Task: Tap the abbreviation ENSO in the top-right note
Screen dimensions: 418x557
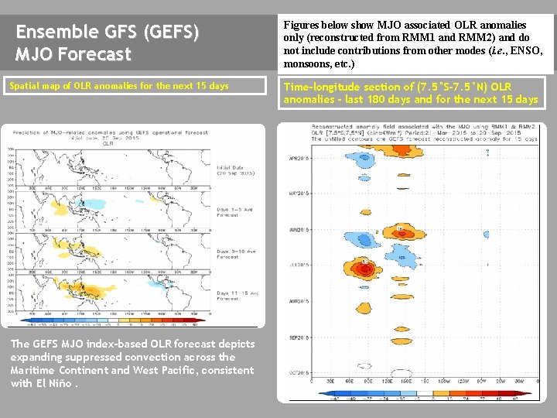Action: click(526, 50)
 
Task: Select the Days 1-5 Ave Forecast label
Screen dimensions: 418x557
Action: click(233, 212)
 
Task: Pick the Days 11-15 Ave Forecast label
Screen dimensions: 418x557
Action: click(233, 295)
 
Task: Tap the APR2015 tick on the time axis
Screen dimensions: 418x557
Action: click(299, 158)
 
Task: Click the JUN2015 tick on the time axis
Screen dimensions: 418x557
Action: click(299, 230)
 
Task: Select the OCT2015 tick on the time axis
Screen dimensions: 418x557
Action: click(299, 372)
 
